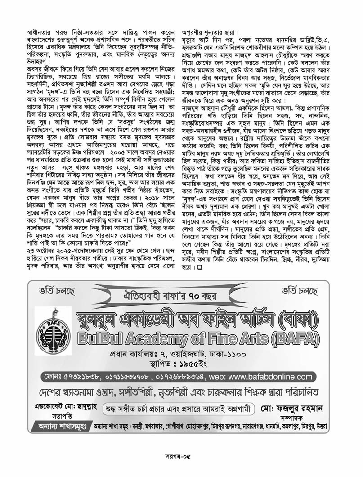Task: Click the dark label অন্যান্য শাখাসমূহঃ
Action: [x=63, y=425]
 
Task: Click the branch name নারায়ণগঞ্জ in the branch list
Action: [x=251, y=426]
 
